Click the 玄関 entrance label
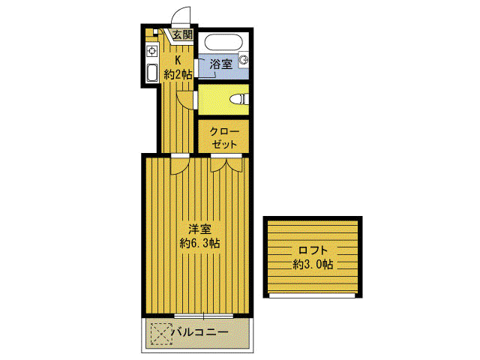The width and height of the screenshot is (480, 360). pos(182,34)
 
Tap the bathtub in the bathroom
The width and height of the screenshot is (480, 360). pos(223,43)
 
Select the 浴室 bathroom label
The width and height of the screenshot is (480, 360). pos(221,64)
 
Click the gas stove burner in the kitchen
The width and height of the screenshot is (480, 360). pos(151,51)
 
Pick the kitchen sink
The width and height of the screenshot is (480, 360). pos(151,73)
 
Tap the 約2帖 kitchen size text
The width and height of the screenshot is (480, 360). pos(178,74)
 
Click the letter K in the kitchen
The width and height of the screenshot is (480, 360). pos(178,59)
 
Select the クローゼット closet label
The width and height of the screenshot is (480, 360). pos(224,138)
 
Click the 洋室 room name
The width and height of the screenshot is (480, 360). pos(199,229)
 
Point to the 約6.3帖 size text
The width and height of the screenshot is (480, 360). pos(199,243)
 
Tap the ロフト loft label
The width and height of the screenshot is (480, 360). pos(313,250)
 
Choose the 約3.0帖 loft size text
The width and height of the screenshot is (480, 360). pos(313,264)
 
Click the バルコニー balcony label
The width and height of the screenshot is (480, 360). pos(200,332)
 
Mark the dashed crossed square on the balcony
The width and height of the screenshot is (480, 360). pos(160,334)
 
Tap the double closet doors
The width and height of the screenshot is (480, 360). pos(226,165)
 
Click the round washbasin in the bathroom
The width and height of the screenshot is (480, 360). pos(244,60)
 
